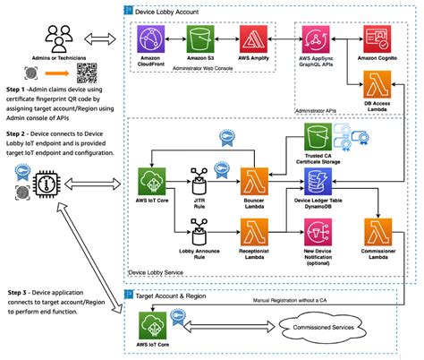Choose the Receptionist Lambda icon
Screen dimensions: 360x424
click(x=257, y=237)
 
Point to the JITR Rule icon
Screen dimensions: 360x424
click(x=208, y=179)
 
